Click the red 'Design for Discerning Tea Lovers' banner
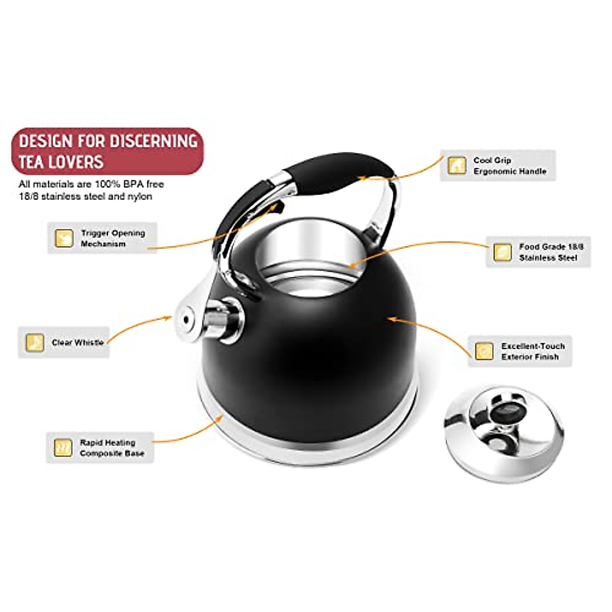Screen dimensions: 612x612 point(107,151)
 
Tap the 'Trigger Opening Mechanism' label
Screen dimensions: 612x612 point(113,238)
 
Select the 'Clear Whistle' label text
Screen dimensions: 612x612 point(78,343)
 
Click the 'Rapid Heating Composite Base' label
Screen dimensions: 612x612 point(112,448)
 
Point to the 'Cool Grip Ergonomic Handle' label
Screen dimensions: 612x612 point(509,166)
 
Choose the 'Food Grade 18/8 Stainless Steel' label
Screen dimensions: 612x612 point(551,252)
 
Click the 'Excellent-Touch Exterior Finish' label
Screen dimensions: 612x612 point(532,351)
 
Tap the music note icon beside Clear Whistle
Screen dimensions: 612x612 point(35,343)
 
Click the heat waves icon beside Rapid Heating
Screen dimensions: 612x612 point(63,448)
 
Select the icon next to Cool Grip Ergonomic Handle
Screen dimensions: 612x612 point(456,166)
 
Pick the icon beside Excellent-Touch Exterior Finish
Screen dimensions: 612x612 point(483,351)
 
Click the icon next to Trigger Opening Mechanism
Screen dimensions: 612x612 point(64,238)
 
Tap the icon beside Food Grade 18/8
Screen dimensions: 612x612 point(502,252)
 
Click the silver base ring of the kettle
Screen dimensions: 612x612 point(306,449)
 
